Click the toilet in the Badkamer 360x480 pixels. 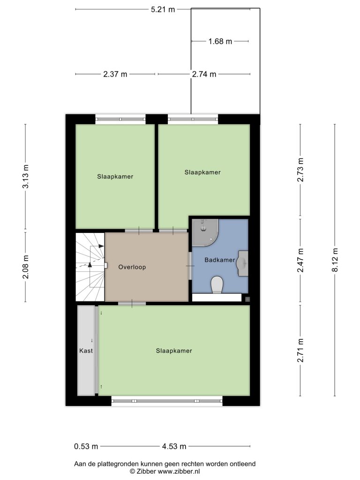click(217, 285)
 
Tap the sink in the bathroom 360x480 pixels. click(242, 263)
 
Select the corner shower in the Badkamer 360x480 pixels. click(205, 232)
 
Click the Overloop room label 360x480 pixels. click(132, 267)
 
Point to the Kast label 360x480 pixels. click(86, 351)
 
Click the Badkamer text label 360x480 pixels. click(220, 260)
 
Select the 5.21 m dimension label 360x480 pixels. click(163, 9)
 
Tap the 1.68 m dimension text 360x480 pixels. click(220, 41)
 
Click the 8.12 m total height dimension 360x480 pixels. click(335, 260)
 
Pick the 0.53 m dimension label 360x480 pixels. click(86, 446)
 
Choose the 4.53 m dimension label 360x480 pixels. click(174, 446)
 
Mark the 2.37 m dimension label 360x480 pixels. click(115, 74)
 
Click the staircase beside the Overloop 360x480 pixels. click(90, 267)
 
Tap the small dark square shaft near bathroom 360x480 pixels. click(247, 299)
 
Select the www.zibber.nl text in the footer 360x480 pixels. click(179, 472)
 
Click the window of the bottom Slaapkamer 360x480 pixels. click(167, 401)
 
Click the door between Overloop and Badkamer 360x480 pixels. click(190, 266)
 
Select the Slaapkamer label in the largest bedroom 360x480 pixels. click(174, 351)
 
